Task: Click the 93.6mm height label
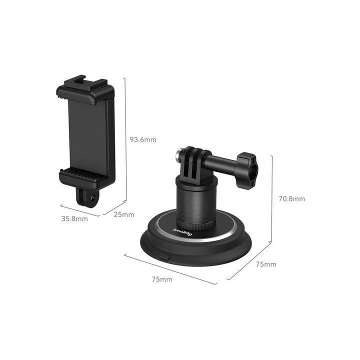(x=143, y=140)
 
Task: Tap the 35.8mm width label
(x=74, y=218)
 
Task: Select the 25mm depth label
(x=124, y=215)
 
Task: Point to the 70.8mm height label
(x=291, y=198)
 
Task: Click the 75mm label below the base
(x=161, y=279)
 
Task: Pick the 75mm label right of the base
(x=265, y=264)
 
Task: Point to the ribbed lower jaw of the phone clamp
(x=84, y=175)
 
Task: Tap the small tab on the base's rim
(x=165, y=258)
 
